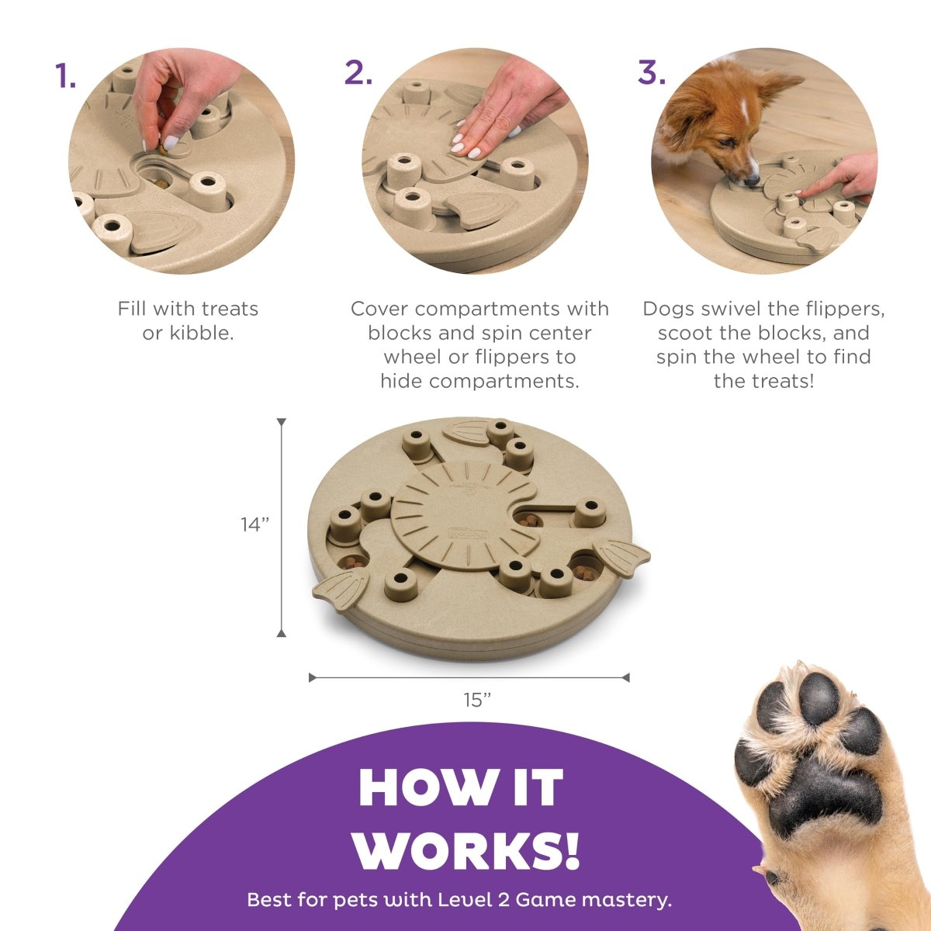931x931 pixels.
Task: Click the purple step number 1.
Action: click(x=65, y=75)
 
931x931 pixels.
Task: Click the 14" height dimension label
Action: click(x=254, y=524)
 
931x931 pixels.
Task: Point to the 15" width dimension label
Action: click(x=477, y=700)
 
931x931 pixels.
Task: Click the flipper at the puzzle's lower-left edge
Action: click(x=341, y=587)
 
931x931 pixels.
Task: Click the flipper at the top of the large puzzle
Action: click(x=467, y=431)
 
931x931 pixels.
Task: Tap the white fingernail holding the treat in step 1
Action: click(x=171, y=143)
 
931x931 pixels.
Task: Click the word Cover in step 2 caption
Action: click(x=379, y=309)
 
